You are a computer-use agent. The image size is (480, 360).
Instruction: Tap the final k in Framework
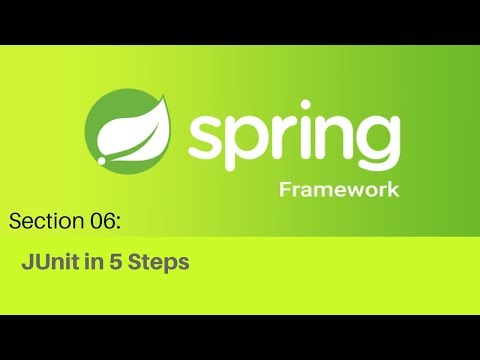tap(395, 189)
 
